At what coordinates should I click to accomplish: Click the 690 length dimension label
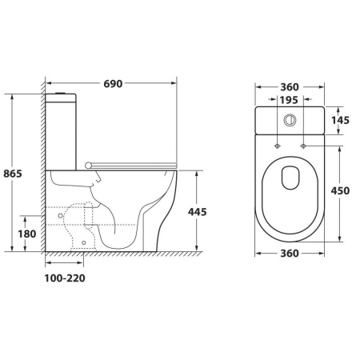[113, 84]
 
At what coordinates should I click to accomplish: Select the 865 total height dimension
[13, 174]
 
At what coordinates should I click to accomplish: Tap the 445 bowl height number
[198, 212]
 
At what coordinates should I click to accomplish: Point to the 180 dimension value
[27, 234]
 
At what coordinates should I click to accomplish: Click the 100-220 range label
[65, 278]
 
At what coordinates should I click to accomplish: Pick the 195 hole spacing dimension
[289, 100]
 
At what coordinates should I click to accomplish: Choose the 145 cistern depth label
[340, 120]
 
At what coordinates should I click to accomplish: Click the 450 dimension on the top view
[340, 190]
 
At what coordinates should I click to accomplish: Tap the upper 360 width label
[290, 87]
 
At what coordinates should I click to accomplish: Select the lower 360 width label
[290, 254]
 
